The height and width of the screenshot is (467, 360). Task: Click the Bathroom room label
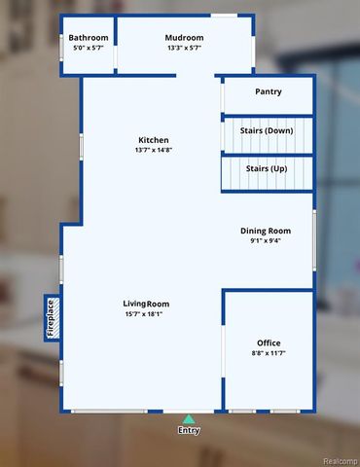click(x=89, y=37)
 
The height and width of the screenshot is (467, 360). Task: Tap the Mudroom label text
click(x=184, y=37)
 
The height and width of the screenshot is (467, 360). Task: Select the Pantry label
click(x=269, y=92)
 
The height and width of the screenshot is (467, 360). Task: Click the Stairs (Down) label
click(x=267, y=130)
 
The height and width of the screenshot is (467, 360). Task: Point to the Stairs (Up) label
click(x=267, y=169)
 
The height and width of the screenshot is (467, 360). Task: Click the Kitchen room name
click(x=154, y=140)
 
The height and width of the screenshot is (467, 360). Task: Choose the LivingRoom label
click(x=146, y=304)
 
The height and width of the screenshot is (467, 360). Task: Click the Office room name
click(x=269, y=343)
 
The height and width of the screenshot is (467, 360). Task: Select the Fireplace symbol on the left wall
click(x=52, y=318)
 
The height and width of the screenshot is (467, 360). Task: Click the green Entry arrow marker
click(x=189, y=418)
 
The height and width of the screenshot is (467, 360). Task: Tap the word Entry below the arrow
click(x=189, y=430)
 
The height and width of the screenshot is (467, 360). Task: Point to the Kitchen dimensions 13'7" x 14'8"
click(x=154, y=151)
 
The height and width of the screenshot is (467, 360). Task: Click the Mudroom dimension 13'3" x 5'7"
click(x=184, y=48)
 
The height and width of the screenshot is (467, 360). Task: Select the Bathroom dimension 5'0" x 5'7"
click(x=89, y=48)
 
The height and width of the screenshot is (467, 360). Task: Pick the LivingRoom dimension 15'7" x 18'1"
click(x=146, y=314)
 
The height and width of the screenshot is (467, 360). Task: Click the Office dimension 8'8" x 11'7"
click(x=269, y=354)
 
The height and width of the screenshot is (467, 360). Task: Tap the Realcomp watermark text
click(x=338, y=460)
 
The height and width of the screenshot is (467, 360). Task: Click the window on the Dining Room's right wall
click(x=313, y=238)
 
